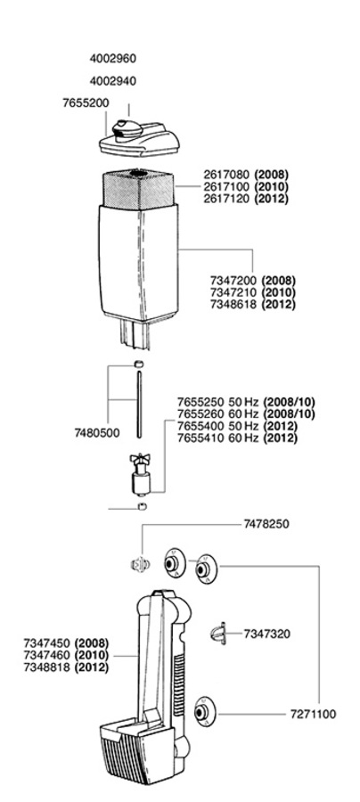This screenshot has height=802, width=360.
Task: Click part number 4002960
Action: (113, 58)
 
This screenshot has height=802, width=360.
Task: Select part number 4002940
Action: (113, 81)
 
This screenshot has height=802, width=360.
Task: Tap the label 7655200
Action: (86, 103)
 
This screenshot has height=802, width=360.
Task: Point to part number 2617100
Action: (227, 186)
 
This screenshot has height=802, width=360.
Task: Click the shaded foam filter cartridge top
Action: (138, 188)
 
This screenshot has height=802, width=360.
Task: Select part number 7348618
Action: (234, 305)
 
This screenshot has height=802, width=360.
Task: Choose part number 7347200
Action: (234, 281)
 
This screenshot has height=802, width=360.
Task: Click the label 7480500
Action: (97, 433)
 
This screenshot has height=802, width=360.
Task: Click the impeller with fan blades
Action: (139, 474)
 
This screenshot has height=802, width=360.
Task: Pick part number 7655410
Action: (201, 438)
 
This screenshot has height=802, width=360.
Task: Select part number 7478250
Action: (266, 524)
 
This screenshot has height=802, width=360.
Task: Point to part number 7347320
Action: (267, 634)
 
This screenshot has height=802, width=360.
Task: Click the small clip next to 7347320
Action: (217, 634)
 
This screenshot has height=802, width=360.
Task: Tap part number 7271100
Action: (314, 714)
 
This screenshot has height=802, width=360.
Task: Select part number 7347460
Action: (47, 655)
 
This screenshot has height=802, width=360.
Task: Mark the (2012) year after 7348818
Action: (92, 667)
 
